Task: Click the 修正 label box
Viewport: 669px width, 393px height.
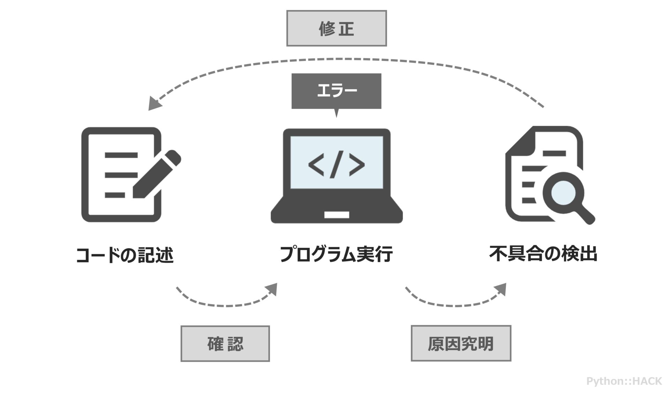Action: pyautogui.click(x=336, y=28)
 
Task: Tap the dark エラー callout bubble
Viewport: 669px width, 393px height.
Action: pyautogui.click(x=336, y=91)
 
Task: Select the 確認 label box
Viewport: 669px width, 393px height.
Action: pyautogui.click(x=225, y=343)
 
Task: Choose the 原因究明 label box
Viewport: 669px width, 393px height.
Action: pyautogui.click(x=461, y=343)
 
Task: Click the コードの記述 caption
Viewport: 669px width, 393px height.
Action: pyautogui.click(x=124, y=255)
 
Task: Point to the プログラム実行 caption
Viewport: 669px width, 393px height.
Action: pyautogui.click(x=336, y=254)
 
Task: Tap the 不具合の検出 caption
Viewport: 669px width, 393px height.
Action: pyautogui.click(x=543, y=254)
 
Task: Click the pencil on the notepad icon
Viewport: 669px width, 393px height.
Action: pyautogui.click(x=157, y=174)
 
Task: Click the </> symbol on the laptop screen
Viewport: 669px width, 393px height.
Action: pyautogui.click(x=336, y=164)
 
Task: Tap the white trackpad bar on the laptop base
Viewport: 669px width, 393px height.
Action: pyautogui.click(x=337, y=215)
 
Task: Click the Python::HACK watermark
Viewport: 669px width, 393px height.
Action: pyautogui.click(x=624, y=381)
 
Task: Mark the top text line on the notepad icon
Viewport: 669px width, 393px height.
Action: pyautogui.click(x=121, y=155)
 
